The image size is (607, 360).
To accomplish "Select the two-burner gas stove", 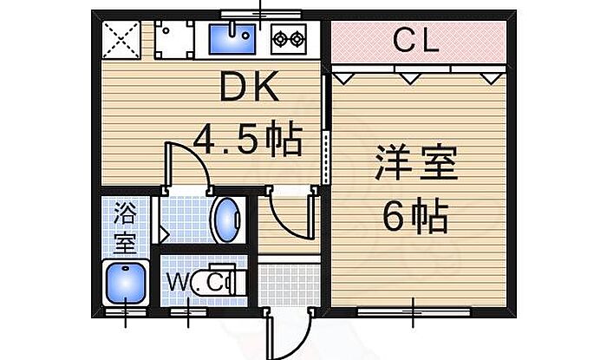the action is pyautogui.click(x=289, y=39).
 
